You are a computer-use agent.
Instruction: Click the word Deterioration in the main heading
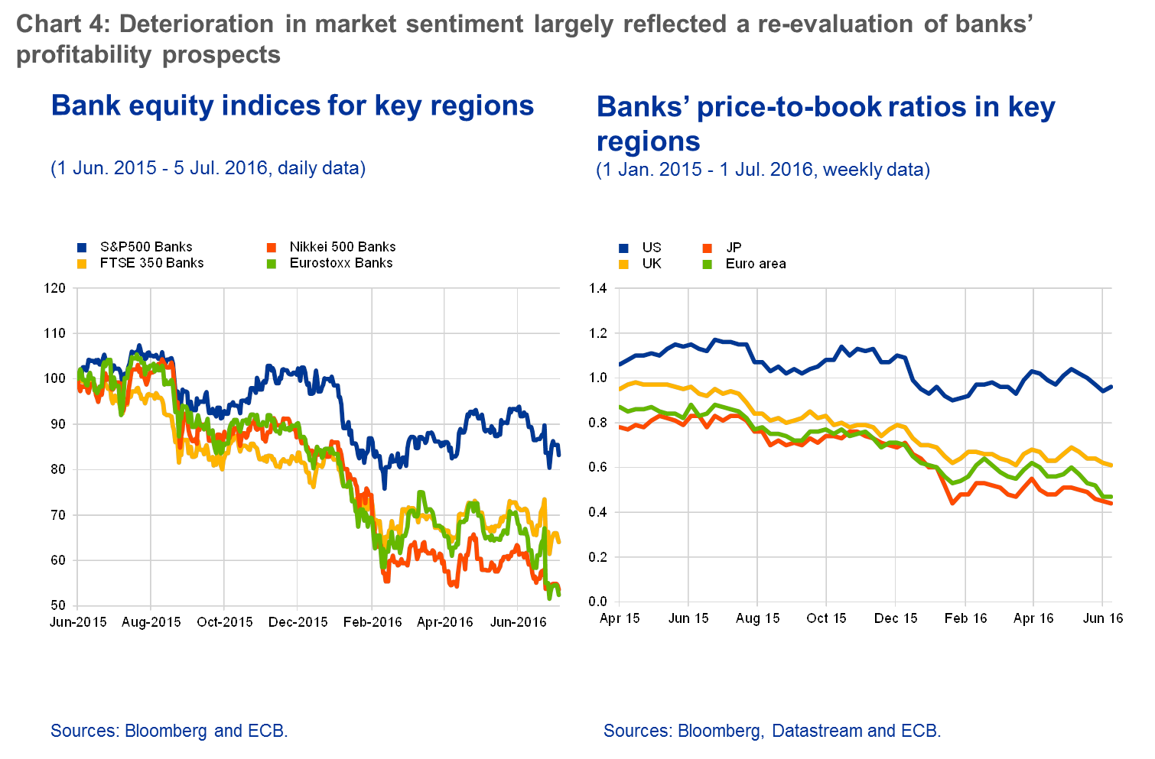tap(197, 24)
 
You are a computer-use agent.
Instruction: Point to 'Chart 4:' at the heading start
tap(63, 24)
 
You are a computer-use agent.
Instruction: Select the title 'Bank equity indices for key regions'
tap(292, 105)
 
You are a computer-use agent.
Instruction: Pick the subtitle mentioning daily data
tap(208, 167)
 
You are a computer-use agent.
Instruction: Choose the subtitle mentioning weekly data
tap(763, 169)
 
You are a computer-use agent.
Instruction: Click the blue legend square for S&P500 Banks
tap(82, 248)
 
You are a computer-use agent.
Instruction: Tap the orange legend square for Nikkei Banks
tap(270, 248)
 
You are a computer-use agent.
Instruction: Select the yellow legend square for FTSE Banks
tap(82, 263)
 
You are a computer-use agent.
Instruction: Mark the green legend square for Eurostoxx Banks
tap(270, 263)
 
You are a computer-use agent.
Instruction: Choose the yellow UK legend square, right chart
tap(623, 264)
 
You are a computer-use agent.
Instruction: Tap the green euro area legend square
tap(708, 264)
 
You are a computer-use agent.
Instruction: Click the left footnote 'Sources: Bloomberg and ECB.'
tap(169, 731)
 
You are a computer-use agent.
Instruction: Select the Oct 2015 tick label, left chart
tap(224, 622)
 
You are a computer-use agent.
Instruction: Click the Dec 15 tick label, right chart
tap(896, 618)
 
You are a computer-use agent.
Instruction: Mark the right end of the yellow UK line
tap(1111, 465)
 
